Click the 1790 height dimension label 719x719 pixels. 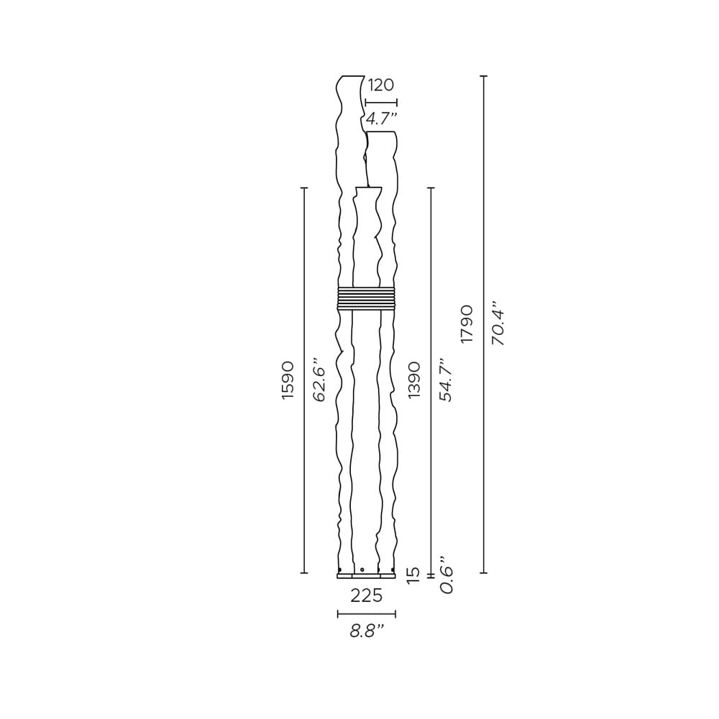467,324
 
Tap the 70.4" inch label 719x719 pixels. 498,324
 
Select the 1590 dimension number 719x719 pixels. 288,380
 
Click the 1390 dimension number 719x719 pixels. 414,380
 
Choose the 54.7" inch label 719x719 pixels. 445,380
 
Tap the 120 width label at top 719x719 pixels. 380,85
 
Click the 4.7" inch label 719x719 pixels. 381,119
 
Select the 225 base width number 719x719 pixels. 367,595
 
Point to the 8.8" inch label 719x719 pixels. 367,631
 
